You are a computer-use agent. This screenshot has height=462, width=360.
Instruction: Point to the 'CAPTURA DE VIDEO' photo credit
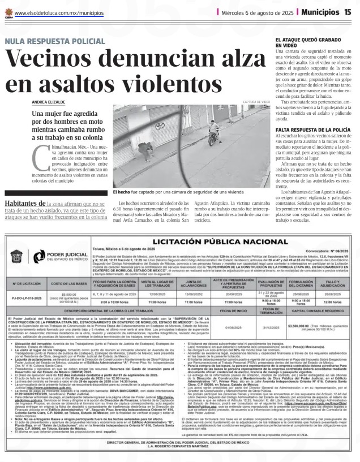256,102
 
